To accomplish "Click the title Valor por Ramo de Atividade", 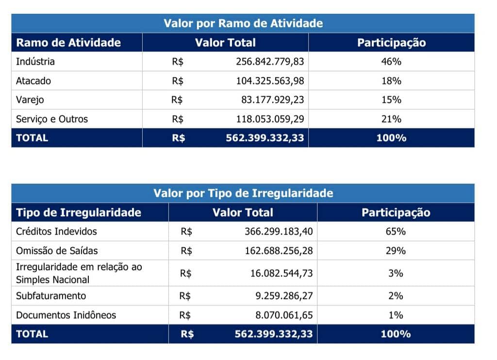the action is pyautogui.click(x=243, y=23).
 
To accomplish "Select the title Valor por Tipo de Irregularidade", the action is pyautogui.click(x=243, y=193).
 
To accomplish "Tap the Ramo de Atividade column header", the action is pyautogui.click(x=68, y=42).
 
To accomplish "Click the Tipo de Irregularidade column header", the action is pyautogui.click(x=79, y=212).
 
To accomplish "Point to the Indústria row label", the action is pyautogui.click(x=35, y=62).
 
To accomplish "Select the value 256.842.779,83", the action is pyautogui.click(x=270, y=62).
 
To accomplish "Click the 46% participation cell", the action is pyautogui.click(x=391, y=62).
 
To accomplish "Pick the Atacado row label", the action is pyautogui.click(x=33, y=81).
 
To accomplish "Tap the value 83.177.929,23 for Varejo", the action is pyautogui.click(x=273, y=100).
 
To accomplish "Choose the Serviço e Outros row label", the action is pyautogui.click(x=52, y=119).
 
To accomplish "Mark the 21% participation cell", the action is pyautogui.click(x=391, y=119).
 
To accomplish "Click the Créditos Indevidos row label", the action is pyautogui.click(x=56, y=232).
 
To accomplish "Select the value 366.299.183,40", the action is pyautogui.click(x=279, y=232).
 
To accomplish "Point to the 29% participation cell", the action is pyautogui.click(x=396, y=251).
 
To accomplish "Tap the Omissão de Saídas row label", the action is pyautogui.click(x=57, y=251).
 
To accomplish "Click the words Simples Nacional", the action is pyautogui.click(x=52, y=280).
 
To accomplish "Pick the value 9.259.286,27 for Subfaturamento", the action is pyautogui.click(x=284, y=296).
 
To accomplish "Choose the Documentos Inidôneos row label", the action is pyautogui.click(x=66, y=315).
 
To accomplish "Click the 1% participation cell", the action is pyautogui.click(x=396, y=315).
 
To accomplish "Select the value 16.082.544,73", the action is pyautogui.click(x=282, y=274).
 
